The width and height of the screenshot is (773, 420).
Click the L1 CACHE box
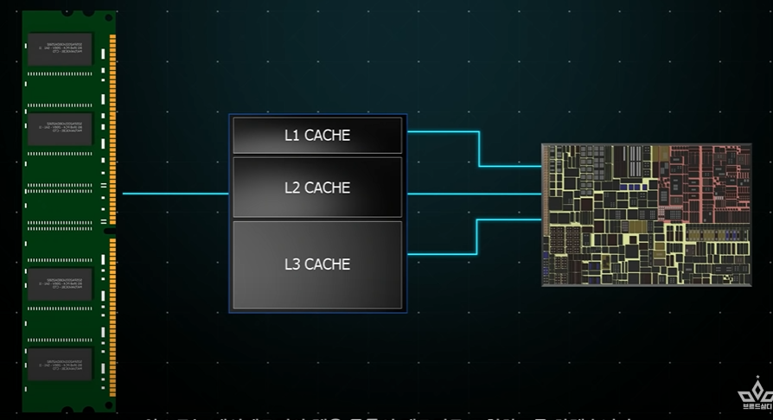317,136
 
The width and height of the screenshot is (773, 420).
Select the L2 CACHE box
317,188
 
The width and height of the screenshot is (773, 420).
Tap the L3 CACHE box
317,264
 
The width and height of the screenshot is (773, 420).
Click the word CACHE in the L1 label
328,136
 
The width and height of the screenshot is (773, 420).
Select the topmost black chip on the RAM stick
59,49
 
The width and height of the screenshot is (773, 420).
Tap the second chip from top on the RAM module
59,127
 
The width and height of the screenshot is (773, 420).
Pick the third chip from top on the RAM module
59,284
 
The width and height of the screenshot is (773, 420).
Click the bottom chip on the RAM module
59,363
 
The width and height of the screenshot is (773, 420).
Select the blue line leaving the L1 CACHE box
441,132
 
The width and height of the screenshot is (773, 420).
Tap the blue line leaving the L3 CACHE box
441,254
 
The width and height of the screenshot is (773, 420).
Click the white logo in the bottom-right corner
754,395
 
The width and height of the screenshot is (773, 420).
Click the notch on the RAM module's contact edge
110,230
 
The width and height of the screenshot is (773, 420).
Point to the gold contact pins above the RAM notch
112,130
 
